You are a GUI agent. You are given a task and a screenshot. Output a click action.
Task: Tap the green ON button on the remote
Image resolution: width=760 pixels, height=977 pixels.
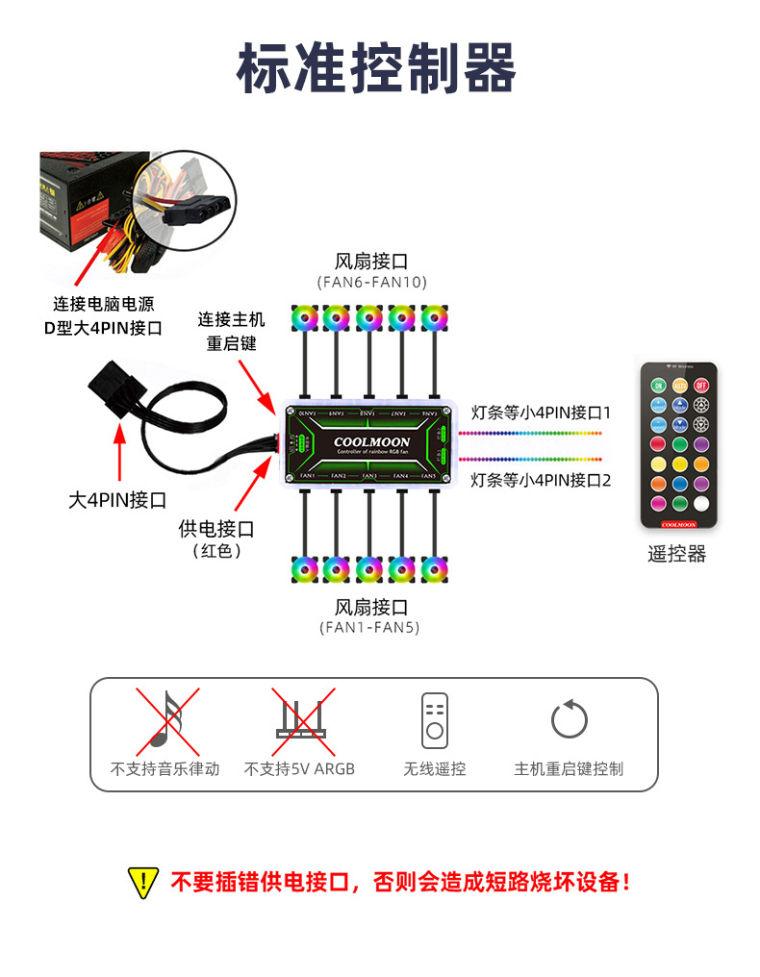658,385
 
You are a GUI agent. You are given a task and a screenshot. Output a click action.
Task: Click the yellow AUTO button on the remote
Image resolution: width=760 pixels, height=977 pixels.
679,385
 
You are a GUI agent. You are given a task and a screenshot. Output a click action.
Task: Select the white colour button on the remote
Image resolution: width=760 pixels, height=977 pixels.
700,502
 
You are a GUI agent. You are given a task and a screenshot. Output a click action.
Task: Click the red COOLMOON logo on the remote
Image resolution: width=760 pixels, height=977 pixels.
679,524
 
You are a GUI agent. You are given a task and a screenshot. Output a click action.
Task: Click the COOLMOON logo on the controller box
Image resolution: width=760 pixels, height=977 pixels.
371,442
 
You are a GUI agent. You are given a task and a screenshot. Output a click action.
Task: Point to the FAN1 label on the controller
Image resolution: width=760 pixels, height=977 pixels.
308,476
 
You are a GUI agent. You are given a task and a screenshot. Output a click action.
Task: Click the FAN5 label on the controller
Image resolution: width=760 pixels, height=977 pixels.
429,476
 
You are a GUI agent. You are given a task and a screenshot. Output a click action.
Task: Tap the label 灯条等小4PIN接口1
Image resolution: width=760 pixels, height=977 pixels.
542,413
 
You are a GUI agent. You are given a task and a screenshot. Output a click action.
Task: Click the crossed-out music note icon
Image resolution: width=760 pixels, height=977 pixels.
165,721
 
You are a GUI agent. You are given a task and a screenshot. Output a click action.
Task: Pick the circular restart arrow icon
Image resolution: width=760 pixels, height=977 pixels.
569,719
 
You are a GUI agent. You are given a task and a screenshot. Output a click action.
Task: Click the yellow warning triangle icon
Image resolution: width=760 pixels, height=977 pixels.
142,882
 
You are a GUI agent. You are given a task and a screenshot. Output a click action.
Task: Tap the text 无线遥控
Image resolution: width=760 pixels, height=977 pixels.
434,768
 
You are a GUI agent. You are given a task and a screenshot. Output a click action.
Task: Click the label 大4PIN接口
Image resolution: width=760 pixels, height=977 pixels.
117,500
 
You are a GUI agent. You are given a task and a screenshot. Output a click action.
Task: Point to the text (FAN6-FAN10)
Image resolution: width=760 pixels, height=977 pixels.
371,282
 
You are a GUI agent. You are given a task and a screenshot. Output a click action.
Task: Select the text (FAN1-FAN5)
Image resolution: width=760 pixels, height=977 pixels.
371,628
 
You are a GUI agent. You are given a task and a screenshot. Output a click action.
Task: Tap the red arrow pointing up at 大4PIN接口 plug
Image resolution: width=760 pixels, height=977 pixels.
119,452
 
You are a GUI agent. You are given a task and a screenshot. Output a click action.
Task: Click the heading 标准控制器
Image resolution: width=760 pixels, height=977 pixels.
376,68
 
